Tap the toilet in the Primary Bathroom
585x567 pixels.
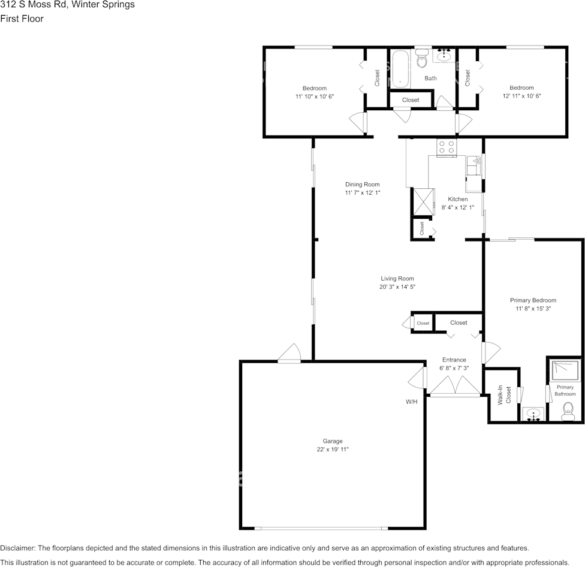click(x=568, y=411)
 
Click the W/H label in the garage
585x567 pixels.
click(x=411, y=402)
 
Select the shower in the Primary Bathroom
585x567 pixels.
click(x=565, y=370)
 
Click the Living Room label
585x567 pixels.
click(x=397, y=278)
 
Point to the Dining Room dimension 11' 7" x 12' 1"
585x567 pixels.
click(x=363, y=193)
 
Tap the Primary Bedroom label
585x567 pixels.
click(x=533, y=300)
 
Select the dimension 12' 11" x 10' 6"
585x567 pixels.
click(x=521, y=96)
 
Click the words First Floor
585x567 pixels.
click(x=22, y=19)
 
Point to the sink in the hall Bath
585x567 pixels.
click(x=444, y=56)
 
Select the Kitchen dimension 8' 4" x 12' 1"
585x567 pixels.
click(x=458, y=207)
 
